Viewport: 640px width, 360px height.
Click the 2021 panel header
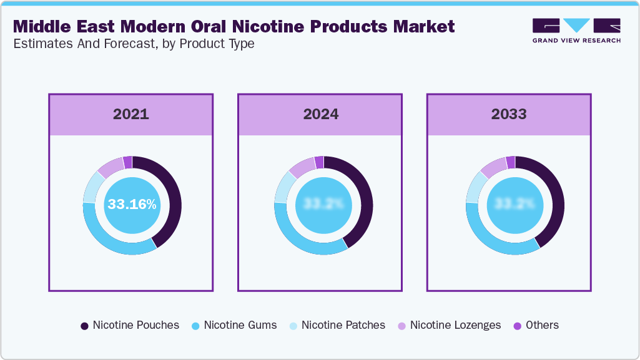pos(131,114)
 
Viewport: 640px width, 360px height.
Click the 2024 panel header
pos(321,114)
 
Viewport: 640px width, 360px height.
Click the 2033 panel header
pos(508,114)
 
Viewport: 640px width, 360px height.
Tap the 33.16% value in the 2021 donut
pos(132,205)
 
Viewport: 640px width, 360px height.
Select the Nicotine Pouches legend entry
pos(130,325)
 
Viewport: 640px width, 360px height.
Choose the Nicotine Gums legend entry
pos(234,325)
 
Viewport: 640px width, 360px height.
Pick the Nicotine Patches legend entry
pos(337,325)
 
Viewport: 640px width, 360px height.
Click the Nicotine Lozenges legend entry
pos(450,325)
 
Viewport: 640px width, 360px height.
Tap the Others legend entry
pos(536,325)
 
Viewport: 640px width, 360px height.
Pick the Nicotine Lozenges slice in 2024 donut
pos(301,165)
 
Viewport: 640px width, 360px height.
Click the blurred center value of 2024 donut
pos(323,205)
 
